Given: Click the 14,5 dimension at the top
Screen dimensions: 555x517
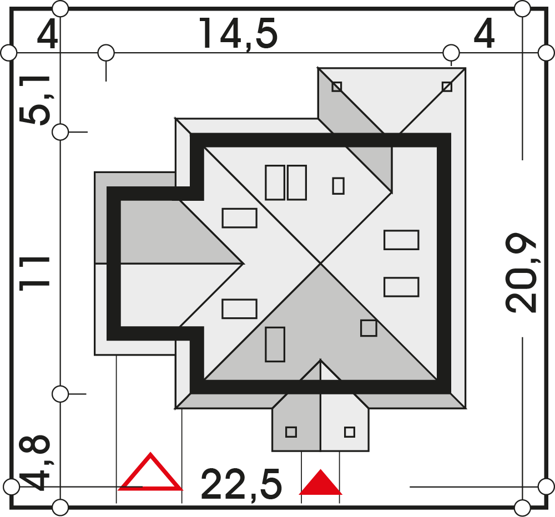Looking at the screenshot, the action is [239, 34].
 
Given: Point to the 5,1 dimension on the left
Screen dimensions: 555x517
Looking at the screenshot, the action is [35, 100].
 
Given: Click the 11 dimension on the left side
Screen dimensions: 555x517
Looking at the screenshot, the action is [34, 274].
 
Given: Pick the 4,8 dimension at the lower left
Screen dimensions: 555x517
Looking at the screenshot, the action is [34, 463].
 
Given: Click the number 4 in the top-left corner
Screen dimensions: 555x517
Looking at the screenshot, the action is [47, 34].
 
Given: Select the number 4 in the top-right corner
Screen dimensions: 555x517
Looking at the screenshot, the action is [484, 34].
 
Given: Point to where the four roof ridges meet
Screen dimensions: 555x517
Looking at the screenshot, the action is [321, 263].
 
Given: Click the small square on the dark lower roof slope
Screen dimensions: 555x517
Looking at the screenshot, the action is [369, 328].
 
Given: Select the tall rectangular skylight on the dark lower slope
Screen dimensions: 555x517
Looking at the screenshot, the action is [275, 344].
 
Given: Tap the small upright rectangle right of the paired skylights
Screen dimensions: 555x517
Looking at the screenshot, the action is [339, 186].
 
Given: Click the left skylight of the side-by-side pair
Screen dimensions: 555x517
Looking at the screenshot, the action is [275, 183].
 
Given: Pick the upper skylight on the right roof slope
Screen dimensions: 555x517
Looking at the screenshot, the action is [401, 240].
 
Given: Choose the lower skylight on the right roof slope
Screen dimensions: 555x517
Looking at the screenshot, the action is [401, 287].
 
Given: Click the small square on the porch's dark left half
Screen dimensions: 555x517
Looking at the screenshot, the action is [291, 432].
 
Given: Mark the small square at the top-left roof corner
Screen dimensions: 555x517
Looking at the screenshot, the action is [337, 87].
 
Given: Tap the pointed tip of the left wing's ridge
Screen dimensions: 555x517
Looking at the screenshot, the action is [244, 263].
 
